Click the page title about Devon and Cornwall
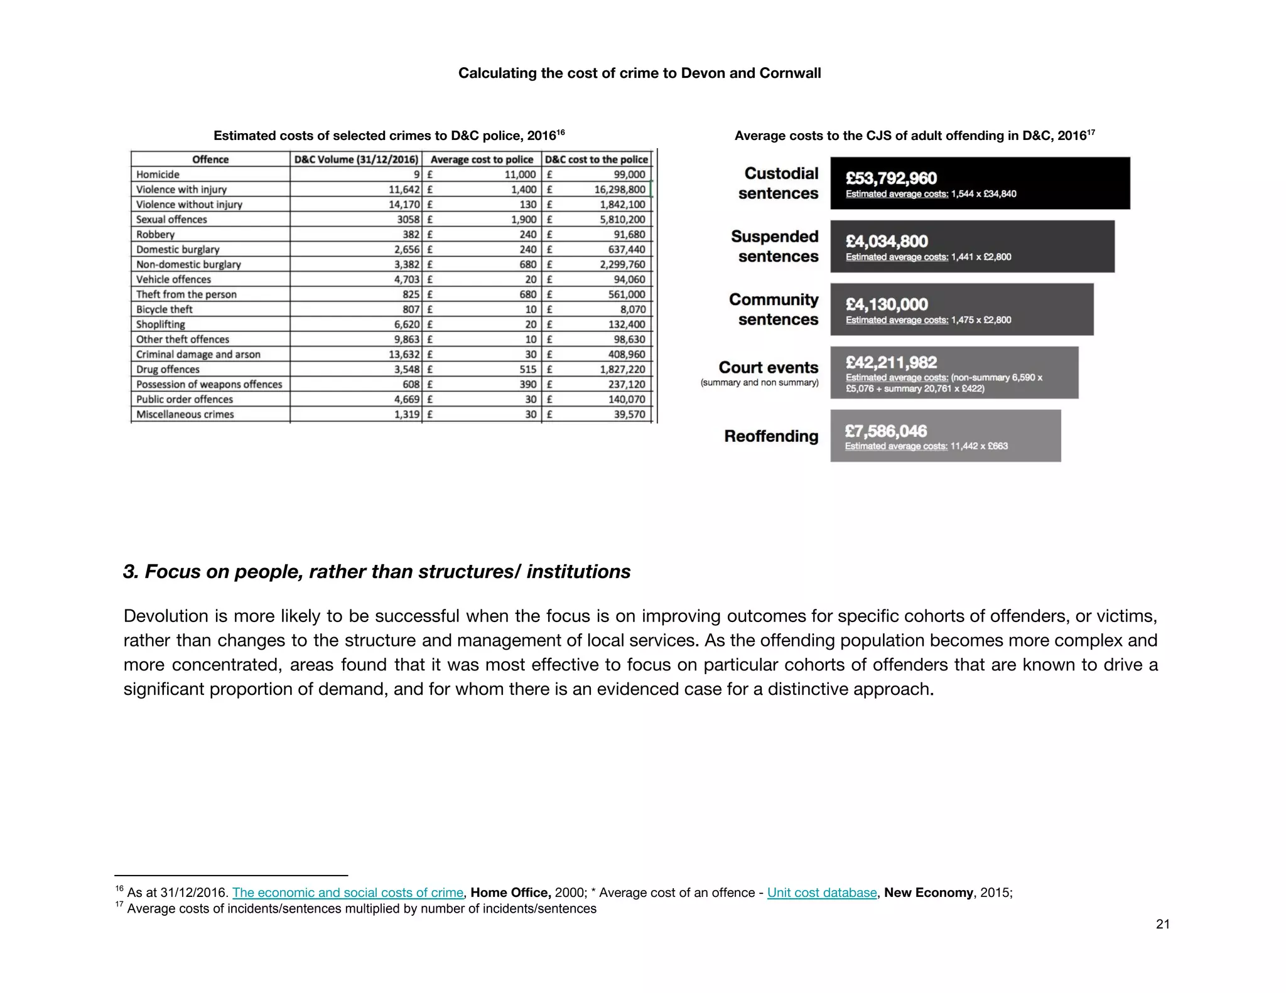pyautogui.click(x=639, y=73)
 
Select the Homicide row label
pyautogui.click(x=158, y=174)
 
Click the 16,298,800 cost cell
pyautogui.click(x=619, y=190)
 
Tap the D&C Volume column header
pyautogui.click(x=356, y=159)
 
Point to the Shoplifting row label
pyautogui.click(x=161, y=325)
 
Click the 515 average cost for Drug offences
pyautogui.click(x=527, y=370)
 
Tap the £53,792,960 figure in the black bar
pyautogui.click(x=891, y=178)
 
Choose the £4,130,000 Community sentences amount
pyautogui.click(x=887, y=304)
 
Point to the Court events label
pyautogui.click(x=768, y=367)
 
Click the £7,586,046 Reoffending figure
pyautogui.click(x=885, y=431)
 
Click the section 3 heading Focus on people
pyautogui.click(x=377, y=572)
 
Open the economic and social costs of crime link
pyautogui.click(x=347, y=893)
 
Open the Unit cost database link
pyautogui.click(x=821, y=893)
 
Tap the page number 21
pyautogui.click(x=1162, y=924)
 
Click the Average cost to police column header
pyautogui.click(x=482, y=159)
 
